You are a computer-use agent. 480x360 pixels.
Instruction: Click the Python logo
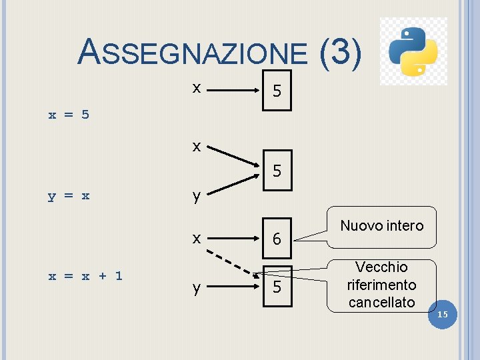pyautogui.click(x=413, y=51)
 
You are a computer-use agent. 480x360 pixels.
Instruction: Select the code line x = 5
pyautogui.click(x=69, y=115)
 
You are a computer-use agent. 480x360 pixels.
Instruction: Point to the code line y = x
pyautogui.click(x=69, y=196)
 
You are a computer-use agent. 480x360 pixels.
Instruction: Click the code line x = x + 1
pyautogui.click(x=85, y=275)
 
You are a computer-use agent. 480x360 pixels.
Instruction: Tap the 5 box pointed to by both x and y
pyautogui.click(x=277, y=171)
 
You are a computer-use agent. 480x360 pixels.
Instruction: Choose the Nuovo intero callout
pyautogui.click(x=381, y=225)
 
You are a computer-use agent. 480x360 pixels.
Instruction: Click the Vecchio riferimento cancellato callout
pyautogui.click(x=381, y=285)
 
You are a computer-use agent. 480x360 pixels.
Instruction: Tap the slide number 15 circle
pyautogui.click(x=443, y=314)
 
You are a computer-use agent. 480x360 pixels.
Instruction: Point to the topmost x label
pyautogui.click(x=196, y=87)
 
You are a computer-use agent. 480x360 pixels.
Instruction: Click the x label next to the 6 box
pyautogui.click(x=196, y=238)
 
